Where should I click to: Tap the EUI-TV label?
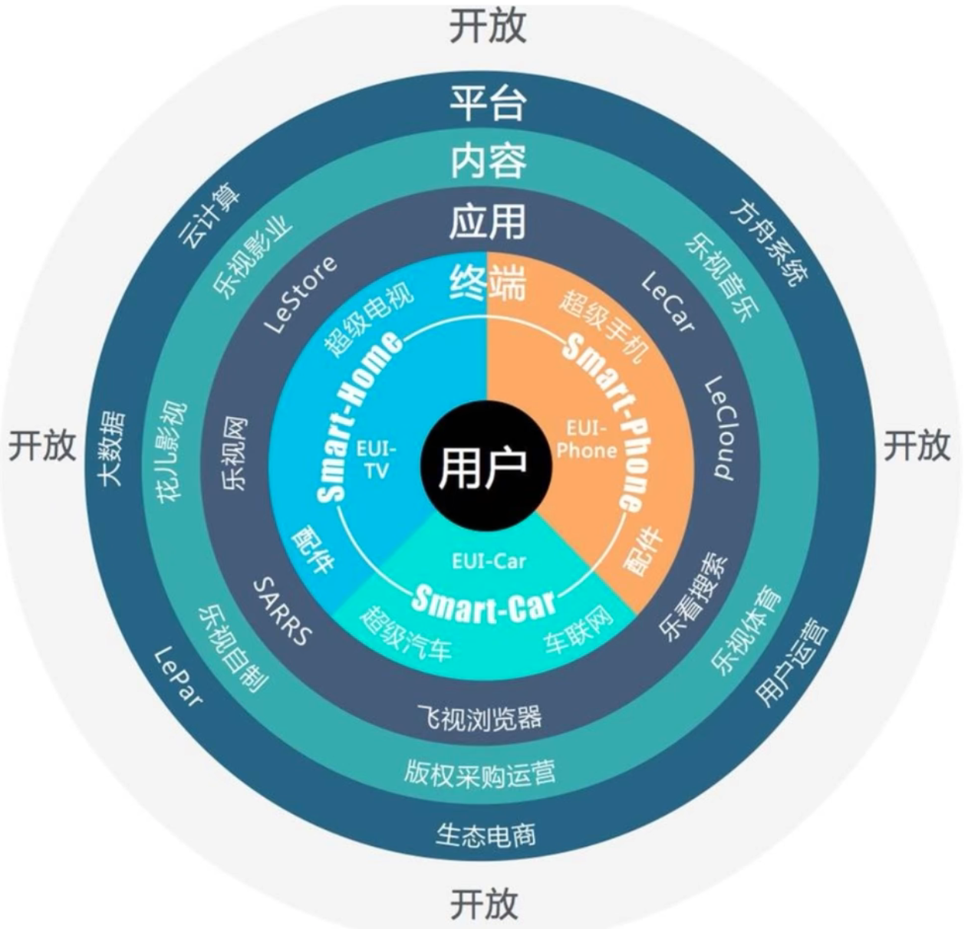coord(376,461)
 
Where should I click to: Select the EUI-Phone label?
coord(587,439)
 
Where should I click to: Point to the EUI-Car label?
coord(489,562)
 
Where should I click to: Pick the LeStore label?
coord(300,294)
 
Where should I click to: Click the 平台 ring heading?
coord(488,103)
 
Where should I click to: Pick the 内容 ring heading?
coord(488,161)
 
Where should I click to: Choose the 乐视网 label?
coord(233,453)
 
